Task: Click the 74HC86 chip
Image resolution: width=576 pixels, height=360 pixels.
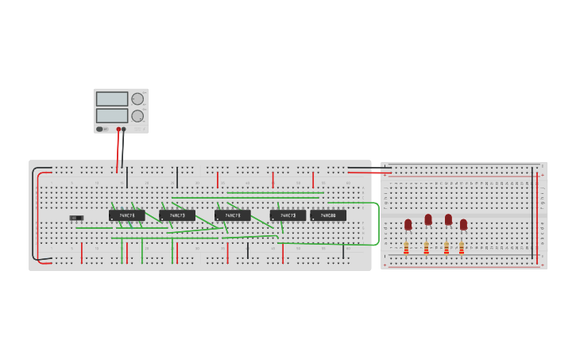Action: pyautogui.click(x=328, y=215)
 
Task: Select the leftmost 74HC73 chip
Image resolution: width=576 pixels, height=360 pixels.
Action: pyautogui.click(x=127, y=215)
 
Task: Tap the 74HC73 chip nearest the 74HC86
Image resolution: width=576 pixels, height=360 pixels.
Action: pyautogui.click(x=288, y=215)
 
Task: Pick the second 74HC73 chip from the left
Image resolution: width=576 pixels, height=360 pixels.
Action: pyautogui.click(x=177, y=215)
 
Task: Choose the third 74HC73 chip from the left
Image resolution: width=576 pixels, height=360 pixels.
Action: pyautogui.click(x=233, y=215)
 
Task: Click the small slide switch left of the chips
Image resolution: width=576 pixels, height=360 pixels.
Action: pyautogui.click(x=76, y=218)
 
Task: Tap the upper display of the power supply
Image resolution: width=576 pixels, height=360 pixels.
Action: pyautogui.click(x=112, y=99)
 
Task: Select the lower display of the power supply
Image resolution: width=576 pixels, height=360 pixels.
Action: pyautogui.click(x=112, y=115)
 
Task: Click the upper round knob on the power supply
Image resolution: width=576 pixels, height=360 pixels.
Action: pyautogui.click(x=137, y=99)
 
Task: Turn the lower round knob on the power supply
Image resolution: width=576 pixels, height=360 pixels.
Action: pyautogui.click(x=137, y=116)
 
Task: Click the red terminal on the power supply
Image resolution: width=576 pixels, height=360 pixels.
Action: pyautogui.click(x=118, y=129)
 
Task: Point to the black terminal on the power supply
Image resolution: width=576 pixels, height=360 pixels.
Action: pyautogui.click(x=124, y=129)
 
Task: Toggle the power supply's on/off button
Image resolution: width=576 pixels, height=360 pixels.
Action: pyautogui.click(x=101, y=129)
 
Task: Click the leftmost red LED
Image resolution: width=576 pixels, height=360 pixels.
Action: pyautogui.click(x=408, y=224)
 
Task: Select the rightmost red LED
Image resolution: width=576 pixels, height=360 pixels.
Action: pyautogui.click(x=463, y=224)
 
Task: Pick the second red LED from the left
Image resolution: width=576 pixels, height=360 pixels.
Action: pyautogui.click(x=428, y=219)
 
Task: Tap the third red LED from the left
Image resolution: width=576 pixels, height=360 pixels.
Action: pyautogui.click(x=448, y=219)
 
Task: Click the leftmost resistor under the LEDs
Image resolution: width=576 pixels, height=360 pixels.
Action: pyautogui.click(x=406, y=249)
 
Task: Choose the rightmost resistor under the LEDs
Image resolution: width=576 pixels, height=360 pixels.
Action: pyautogui.click(x=462, y=249)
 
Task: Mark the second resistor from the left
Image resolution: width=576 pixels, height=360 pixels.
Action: pyautogui.click(x=426, y=249)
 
